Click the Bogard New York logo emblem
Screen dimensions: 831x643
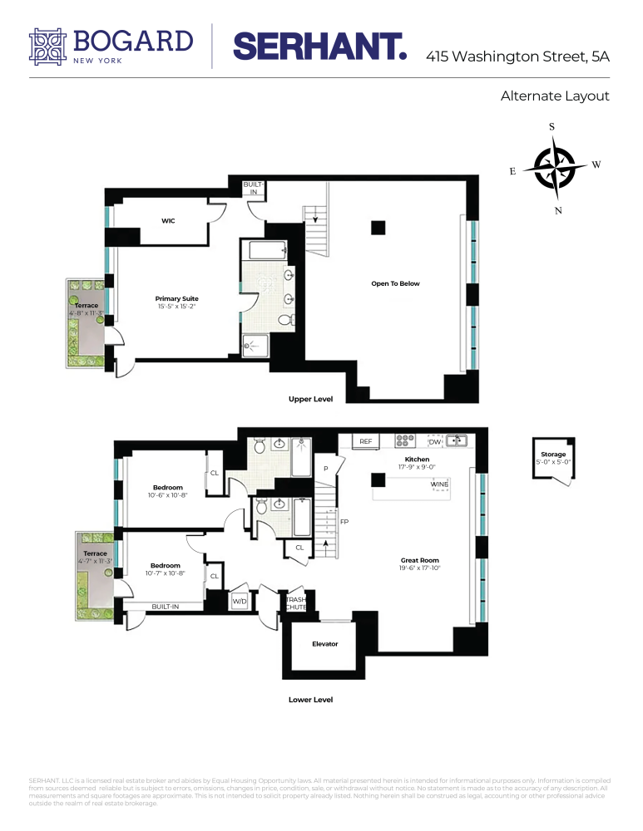(x=47, y=46)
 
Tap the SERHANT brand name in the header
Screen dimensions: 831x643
(x=319, y=47)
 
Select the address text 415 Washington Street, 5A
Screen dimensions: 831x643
(x=517, y=57)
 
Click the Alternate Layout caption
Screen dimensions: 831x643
(x=555, y=96)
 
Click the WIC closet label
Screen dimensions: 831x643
(x=168, y=221)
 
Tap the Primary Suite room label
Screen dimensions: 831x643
(x=176, y=298)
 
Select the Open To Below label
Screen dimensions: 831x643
(x=395, y=283)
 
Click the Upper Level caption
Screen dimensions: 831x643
(x=310, y=399)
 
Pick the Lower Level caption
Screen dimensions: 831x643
(x=310, y=700)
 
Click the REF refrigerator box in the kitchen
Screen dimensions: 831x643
(x=366, y=441)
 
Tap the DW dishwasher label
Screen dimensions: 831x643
(x=434, y=441)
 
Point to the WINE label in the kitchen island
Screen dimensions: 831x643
(x=439, y=484)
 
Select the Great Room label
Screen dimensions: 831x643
(x=419, y=560)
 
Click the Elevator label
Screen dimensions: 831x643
(x=324, y=643)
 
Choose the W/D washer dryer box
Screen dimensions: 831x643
(x=240, y=601)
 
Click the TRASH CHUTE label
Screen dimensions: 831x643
(x=296, y=602)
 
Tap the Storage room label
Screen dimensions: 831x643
(x=553, y=455)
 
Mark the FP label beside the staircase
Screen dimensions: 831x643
(x=344, y=522)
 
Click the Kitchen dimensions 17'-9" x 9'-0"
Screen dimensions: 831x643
(x=417, y=468)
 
